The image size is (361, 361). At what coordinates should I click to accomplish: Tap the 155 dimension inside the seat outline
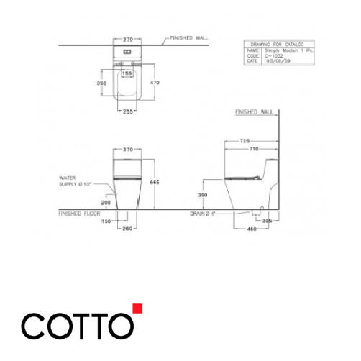[127, 73]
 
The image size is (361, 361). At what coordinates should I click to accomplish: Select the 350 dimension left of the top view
[103, 84]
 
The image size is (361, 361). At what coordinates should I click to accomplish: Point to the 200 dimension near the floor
[106, 204]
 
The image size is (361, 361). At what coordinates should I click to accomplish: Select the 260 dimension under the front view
[127, 229]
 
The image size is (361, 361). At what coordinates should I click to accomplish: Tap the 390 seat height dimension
[204, 195]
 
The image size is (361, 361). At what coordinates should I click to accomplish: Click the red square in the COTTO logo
[137, 310]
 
